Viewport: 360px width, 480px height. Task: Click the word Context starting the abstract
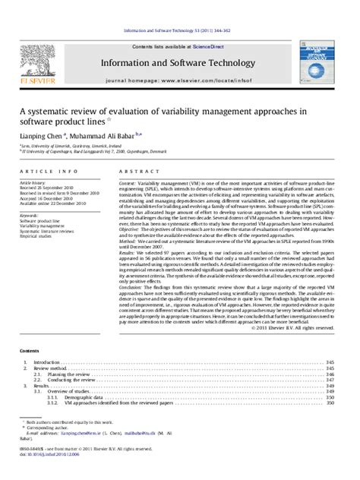click(x=127, y=183)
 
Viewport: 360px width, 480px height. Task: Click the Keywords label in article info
click(x=30, y=216)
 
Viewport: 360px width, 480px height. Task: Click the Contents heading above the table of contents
click(x=30, y=351)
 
